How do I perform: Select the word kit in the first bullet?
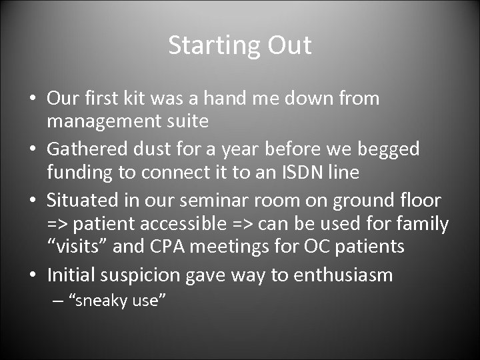[137, 99]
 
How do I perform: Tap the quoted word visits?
[80, 247]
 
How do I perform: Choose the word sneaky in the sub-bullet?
[99, 301]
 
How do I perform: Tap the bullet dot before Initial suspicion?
[33, 275]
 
